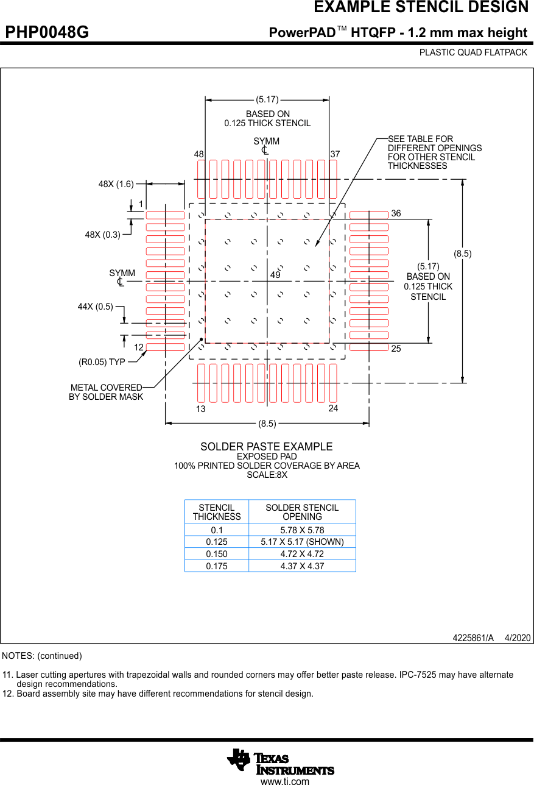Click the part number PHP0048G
click(x=47, y=32)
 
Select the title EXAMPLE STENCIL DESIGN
click(x=421, y=8)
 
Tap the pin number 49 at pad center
click(x=275, y=275)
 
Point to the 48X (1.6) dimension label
click(x=116, y=184)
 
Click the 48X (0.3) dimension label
click(x=102, y=235)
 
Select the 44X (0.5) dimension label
click(x=95, y=307)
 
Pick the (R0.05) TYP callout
click(x=102, y=362)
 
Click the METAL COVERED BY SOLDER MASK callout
click(x=106, y=392)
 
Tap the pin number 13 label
click(x=200, y=410)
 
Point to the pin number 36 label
click(x=396, y=213)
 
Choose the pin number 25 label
click(x=396, y=349)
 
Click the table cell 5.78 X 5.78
click(x=302, y=530)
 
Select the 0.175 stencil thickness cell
click(x=217, y=566)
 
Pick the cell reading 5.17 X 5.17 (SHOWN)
click(x=302, y=542)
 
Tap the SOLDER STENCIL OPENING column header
click(x=302, y=512)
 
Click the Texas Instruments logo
click(x=280, y=762)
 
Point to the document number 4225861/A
click(x=473, y=638)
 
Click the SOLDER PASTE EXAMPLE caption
click(x=267, y=447)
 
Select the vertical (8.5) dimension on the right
click(x=463, y=253)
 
